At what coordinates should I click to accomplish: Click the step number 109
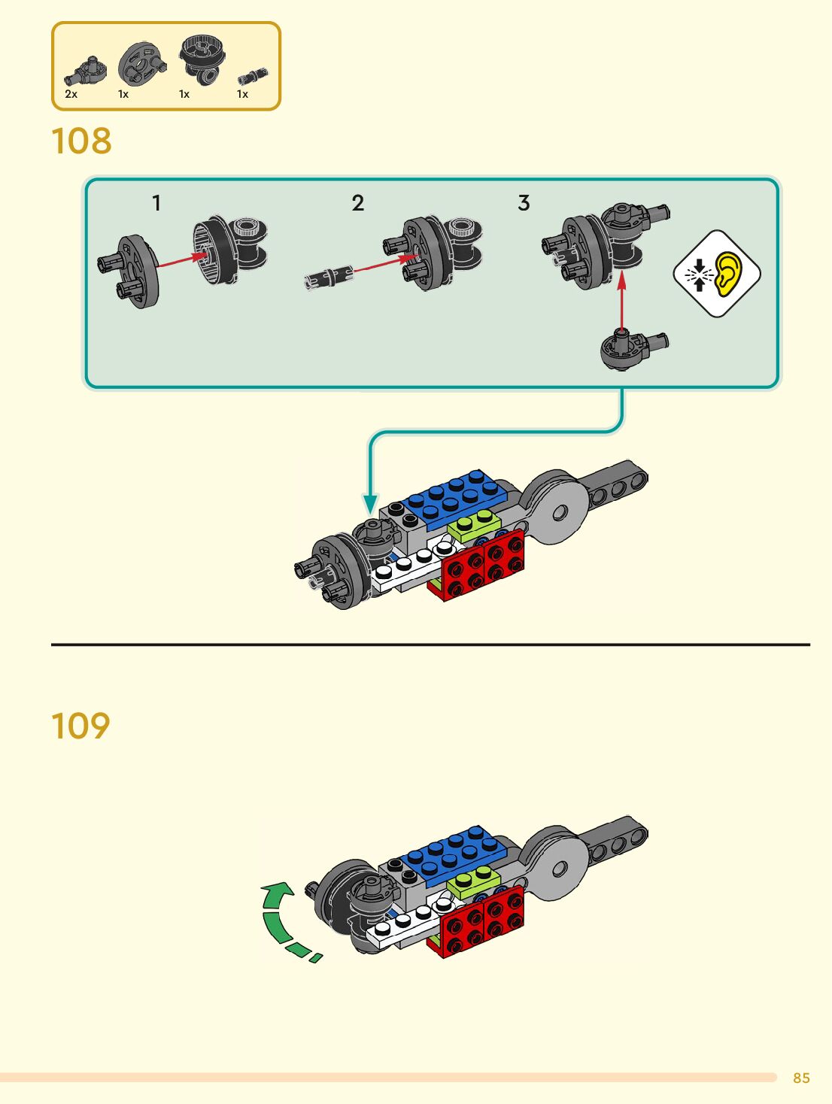point(80,726)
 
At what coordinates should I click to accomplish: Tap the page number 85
point(801,1078)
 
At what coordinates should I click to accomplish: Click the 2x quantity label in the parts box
point(71,94)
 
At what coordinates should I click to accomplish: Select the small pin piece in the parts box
point(253,77)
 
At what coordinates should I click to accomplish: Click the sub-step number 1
point(157,203)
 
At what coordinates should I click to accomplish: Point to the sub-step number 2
point(357,203)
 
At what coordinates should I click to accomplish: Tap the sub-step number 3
point(524,203)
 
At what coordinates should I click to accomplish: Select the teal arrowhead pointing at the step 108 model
point(370,503)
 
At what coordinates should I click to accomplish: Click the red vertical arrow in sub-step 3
point(621,303)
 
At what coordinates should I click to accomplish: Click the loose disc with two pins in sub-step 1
point(129,271)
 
